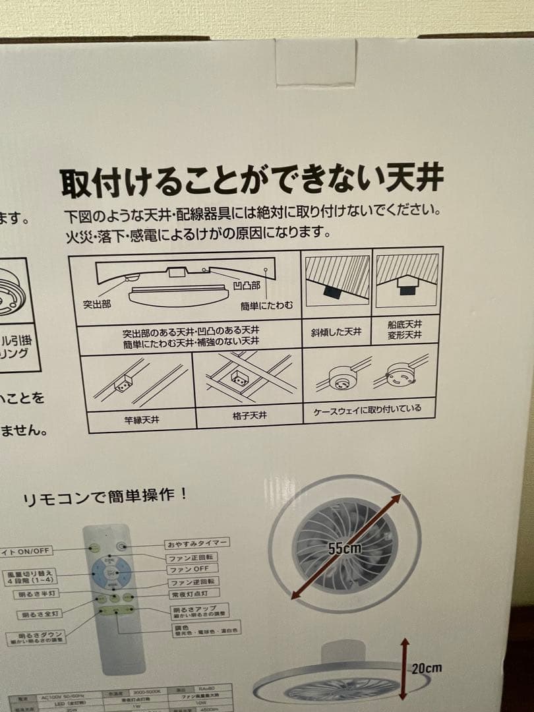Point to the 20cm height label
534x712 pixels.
[x=427, y=668]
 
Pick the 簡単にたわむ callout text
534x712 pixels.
[x=266, y=306]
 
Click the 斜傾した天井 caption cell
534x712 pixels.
[x=336, y=332]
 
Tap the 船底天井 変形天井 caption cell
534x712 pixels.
[x=405, y=330]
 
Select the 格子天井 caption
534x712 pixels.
[x=250, y=416]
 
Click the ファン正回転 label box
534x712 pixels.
[x=191, y=557]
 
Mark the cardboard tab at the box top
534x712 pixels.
[x=316, y=61]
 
